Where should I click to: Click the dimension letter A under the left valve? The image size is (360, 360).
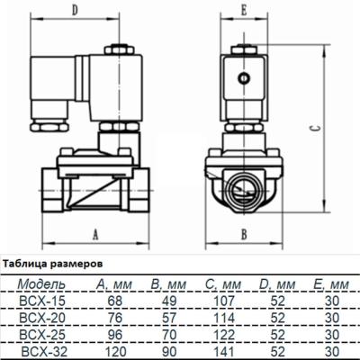point(96,233)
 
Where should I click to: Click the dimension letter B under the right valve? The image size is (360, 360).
point(244,233)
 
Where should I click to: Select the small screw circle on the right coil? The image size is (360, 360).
point(243,78)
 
